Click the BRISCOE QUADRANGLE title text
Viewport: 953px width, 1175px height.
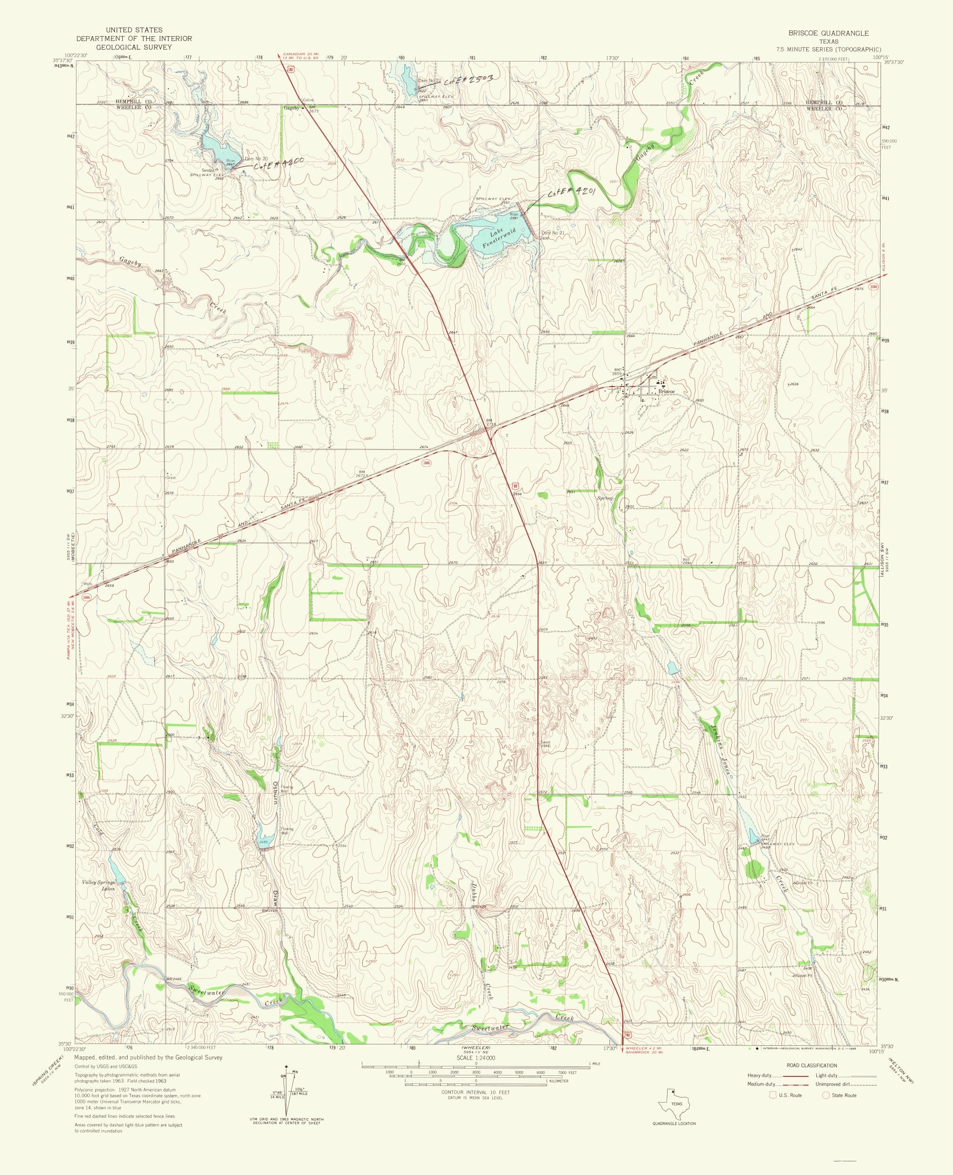828,33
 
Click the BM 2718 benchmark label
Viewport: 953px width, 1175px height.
488,423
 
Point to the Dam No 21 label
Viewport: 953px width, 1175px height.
553,233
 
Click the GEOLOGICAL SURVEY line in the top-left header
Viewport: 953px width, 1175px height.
134,47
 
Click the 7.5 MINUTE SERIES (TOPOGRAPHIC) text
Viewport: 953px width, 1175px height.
828,50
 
